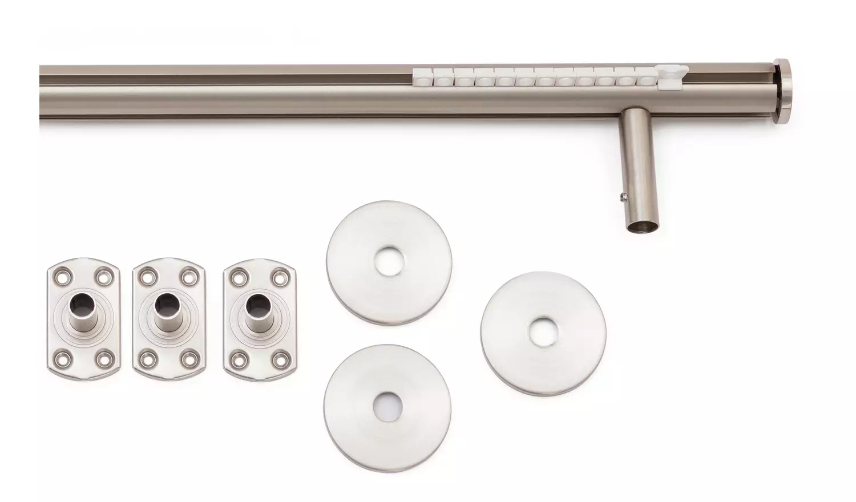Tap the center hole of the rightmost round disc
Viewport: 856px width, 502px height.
click(543, 333)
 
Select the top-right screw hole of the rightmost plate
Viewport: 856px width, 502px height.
click(280, 277)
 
